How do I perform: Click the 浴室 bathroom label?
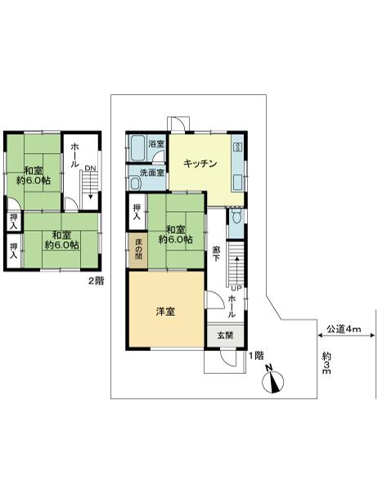155,145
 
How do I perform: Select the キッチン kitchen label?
200,163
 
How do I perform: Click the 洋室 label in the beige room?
164,311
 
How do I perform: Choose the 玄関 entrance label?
225,335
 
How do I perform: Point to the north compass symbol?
275,381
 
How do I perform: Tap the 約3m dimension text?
326,364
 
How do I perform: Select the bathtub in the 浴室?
137,148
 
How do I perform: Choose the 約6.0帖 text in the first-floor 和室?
175,240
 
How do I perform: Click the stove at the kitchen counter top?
238,147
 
